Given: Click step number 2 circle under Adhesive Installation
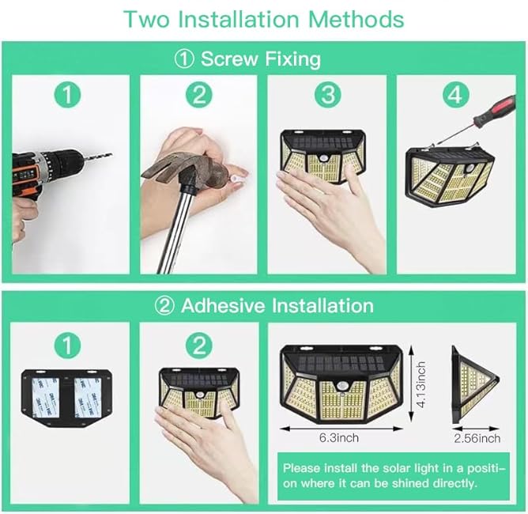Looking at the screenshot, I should coord(199,346).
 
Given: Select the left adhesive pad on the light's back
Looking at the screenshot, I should coord(54,396).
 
